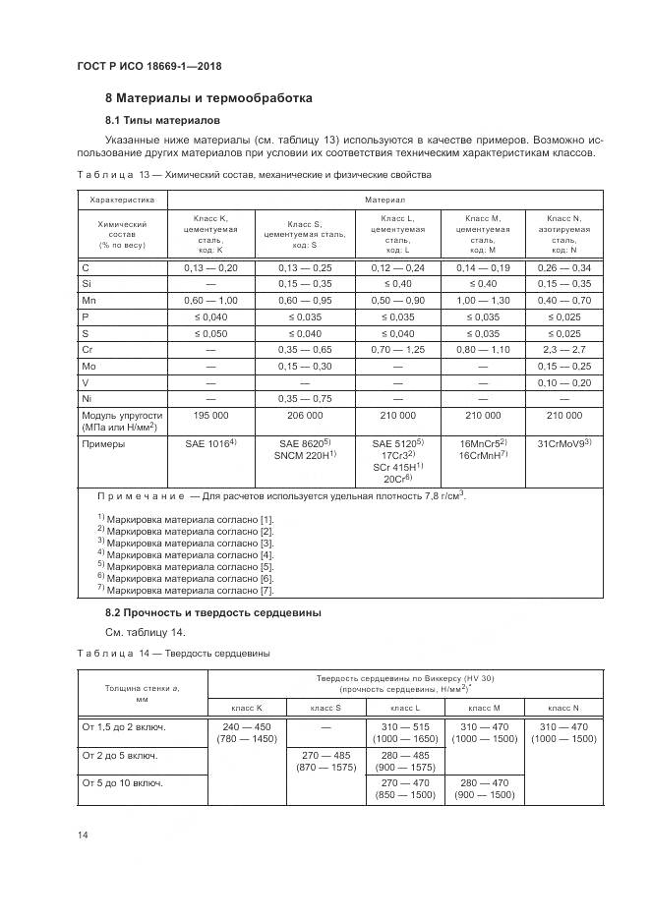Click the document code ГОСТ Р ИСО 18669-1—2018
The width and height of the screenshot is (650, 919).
click(x=148, y=66)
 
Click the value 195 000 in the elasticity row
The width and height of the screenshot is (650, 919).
click(x=210, y=417)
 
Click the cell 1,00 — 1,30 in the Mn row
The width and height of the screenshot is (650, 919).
click(x=482, y=300)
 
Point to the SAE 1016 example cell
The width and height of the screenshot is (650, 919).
click(x=210, y=444)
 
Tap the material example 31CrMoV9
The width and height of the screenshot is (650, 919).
click(x=562, y=444)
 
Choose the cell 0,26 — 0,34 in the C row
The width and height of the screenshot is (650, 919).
click(x=562, y=266)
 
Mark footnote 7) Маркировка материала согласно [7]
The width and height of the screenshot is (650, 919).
click(x=185, y=591)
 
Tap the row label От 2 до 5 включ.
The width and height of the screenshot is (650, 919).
click(x=122, y=756)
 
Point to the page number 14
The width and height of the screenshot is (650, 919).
click(x=84, y=834)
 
